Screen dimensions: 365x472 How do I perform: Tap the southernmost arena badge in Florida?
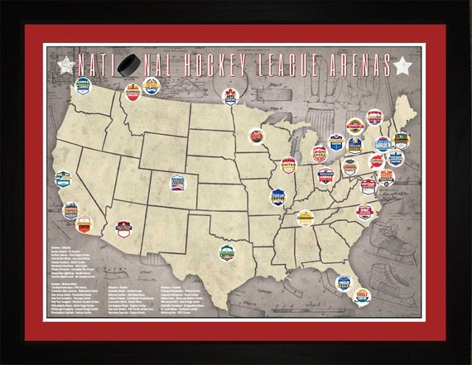[361, 293]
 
